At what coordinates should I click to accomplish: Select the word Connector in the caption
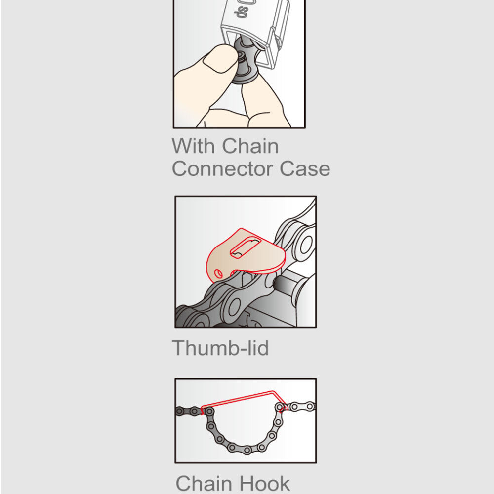click(222, 169)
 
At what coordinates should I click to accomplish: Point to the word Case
click(305, 169)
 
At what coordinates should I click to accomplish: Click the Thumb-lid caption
click(220, 348)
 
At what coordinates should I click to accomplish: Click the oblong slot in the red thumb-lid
click(246, 248)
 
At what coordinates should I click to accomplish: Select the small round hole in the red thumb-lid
click(218, 274)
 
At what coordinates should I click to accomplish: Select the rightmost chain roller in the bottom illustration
click(310, 406)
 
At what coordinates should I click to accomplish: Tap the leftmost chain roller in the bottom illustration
click(180, 411)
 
